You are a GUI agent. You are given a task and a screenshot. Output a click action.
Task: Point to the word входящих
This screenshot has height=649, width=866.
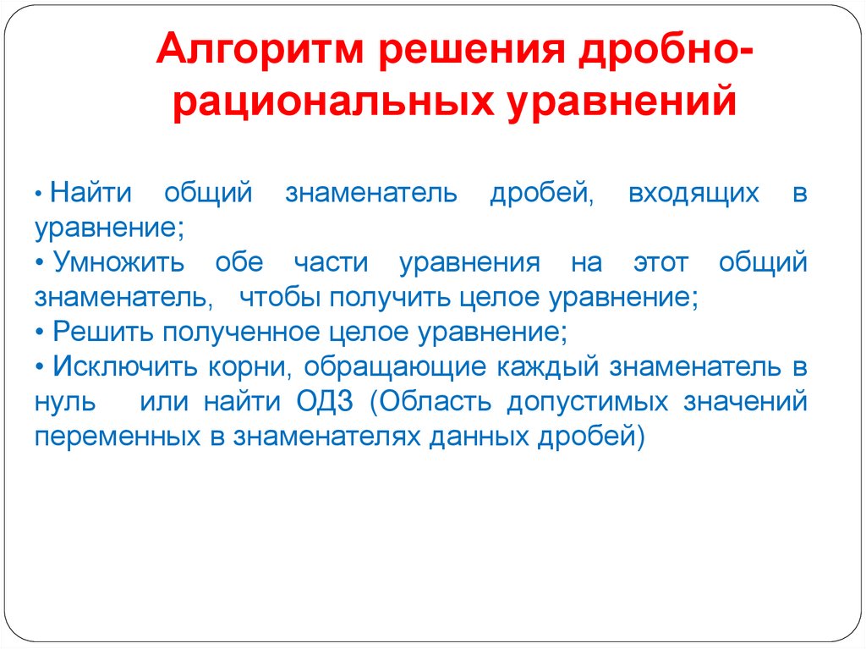(x=693, y=194)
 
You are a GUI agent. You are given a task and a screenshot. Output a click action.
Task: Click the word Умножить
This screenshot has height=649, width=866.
(x=119, y=262)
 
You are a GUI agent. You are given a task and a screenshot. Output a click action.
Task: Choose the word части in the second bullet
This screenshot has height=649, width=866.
(x=331, y=262)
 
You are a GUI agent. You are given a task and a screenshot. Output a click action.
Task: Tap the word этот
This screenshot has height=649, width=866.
(x=660, y=262)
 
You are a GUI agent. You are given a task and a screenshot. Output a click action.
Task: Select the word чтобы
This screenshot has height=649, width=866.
(x=277, y=297)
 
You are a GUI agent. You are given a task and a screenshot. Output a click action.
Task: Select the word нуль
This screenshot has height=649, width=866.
(x=64, y=401)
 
